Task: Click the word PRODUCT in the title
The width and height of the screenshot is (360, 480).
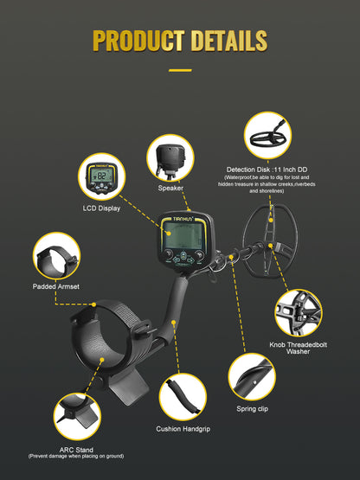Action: (138, 41)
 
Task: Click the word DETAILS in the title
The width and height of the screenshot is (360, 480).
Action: (229, 41)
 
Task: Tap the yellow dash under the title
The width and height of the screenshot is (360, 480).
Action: (180, 70)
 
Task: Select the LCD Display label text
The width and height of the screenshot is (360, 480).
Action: (101, 208)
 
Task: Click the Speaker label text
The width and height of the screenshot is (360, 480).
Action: (170, 189)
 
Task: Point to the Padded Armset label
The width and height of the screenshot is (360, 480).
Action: (56, 286)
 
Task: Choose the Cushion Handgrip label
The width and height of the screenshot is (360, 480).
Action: (183, 429)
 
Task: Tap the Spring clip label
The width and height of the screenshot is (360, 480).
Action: (252, 409)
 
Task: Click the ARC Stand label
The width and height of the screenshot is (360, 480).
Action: (76, 450)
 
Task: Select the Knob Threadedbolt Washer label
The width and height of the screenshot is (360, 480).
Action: (298, 348)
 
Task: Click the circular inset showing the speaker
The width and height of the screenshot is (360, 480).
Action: (170, 158)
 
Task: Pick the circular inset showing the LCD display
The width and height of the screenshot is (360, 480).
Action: (102, 177)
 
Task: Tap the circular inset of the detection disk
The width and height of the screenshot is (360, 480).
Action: (267, 136)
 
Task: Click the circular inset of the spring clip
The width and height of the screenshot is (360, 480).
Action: (252, 377)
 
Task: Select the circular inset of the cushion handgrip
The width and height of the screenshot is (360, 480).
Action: (183, 397)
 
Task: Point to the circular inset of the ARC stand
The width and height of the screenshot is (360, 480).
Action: (77, 417)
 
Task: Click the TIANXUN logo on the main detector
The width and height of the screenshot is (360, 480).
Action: (183, 219)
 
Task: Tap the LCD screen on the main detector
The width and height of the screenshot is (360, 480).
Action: (183, 235)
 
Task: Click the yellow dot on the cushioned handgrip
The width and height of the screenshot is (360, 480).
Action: (173, 323)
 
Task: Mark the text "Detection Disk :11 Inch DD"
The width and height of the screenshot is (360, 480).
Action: (267, 170)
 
